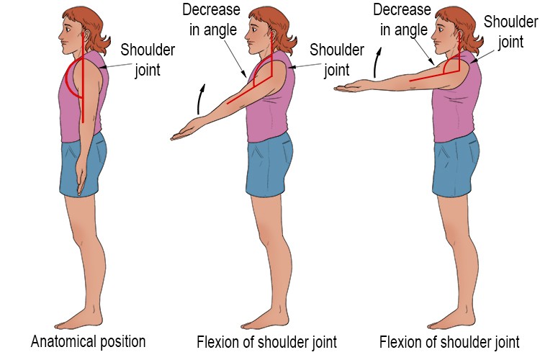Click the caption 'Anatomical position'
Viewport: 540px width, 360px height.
88,341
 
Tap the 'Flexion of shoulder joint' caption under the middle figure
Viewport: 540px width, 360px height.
267,342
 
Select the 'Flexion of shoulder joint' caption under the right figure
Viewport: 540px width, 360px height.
449,342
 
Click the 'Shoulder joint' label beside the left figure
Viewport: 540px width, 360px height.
148,60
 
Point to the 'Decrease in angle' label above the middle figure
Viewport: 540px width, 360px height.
212,20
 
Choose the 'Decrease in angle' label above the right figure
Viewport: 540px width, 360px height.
402,20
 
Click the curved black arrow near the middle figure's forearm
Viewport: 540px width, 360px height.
201,99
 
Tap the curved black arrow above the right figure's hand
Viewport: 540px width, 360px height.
377,63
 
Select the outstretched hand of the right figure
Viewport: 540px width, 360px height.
348,86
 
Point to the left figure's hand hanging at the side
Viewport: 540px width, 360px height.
81,176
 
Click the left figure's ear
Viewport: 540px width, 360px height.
86,34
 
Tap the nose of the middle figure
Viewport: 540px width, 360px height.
247,35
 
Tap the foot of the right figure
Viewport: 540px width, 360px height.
451,320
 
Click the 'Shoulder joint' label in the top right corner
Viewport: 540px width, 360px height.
510,32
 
